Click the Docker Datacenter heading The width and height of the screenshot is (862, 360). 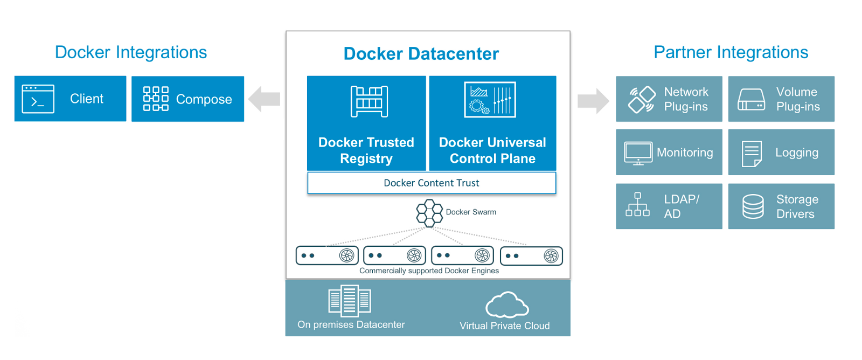(x=421, y=54)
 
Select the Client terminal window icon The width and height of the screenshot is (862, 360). (x=38, y=99)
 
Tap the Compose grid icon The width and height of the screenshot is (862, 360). (x=156, y=99)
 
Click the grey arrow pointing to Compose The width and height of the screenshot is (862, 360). (x=265, y=99)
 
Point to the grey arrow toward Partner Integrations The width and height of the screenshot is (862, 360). (x=593, y=101)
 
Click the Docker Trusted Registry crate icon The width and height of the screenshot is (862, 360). (x=369, y=101)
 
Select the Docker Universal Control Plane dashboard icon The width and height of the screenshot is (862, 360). (x=490, y=100)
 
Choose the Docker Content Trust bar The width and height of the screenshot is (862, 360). (x=432, y=183)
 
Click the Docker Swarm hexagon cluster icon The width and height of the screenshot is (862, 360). (x=429, y=213)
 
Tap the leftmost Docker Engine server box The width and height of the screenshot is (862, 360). (x=327, y=255)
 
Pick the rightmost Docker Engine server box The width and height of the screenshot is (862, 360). (x=531, y=256)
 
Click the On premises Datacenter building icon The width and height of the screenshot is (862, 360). (x=350, y=301)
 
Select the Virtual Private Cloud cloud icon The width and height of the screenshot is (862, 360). (x=507, y=305)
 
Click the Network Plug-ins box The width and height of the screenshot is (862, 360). (x=669, y=99)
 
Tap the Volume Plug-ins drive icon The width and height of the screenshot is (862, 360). (x=751, y=100)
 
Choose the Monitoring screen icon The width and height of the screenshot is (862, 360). (x=638, y=153)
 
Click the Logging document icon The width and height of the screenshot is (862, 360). (x=752, y=154)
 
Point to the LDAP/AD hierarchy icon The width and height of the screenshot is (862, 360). (x=637, y=205)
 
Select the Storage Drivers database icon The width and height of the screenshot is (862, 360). (x=753, y=206)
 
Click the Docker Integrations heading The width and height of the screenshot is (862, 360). (x=131, y=52)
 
